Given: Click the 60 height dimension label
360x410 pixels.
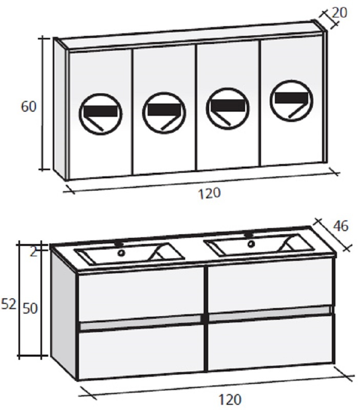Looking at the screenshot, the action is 29,107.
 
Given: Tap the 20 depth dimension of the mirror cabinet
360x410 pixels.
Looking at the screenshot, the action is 339,12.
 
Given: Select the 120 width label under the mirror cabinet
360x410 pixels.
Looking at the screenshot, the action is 209,194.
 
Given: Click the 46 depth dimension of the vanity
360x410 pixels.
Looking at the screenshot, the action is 341,225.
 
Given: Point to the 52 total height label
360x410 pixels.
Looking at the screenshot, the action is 9,304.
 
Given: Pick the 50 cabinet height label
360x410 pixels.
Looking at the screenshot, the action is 30,309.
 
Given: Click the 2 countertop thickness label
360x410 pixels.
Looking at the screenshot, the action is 34,252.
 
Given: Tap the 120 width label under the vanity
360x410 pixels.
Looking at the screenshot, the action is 229,399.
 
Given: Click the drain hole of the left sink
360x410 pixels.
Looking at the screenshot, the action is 121,253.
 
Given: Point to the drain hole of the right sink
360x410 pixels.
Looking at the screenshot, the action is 251,244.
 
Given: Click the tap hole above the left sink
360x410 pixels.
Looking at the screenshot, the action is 119,244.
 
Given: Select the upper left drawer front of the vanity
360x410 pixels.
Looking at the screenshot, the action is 141,294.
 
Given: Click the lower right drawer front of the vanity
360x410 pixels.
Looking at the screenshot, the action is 270,343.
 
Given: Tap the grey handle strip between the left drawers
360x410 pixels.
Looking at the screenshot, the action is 141,322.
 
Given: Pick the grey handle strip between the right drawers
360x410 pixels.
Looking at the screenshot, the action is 269,314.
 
